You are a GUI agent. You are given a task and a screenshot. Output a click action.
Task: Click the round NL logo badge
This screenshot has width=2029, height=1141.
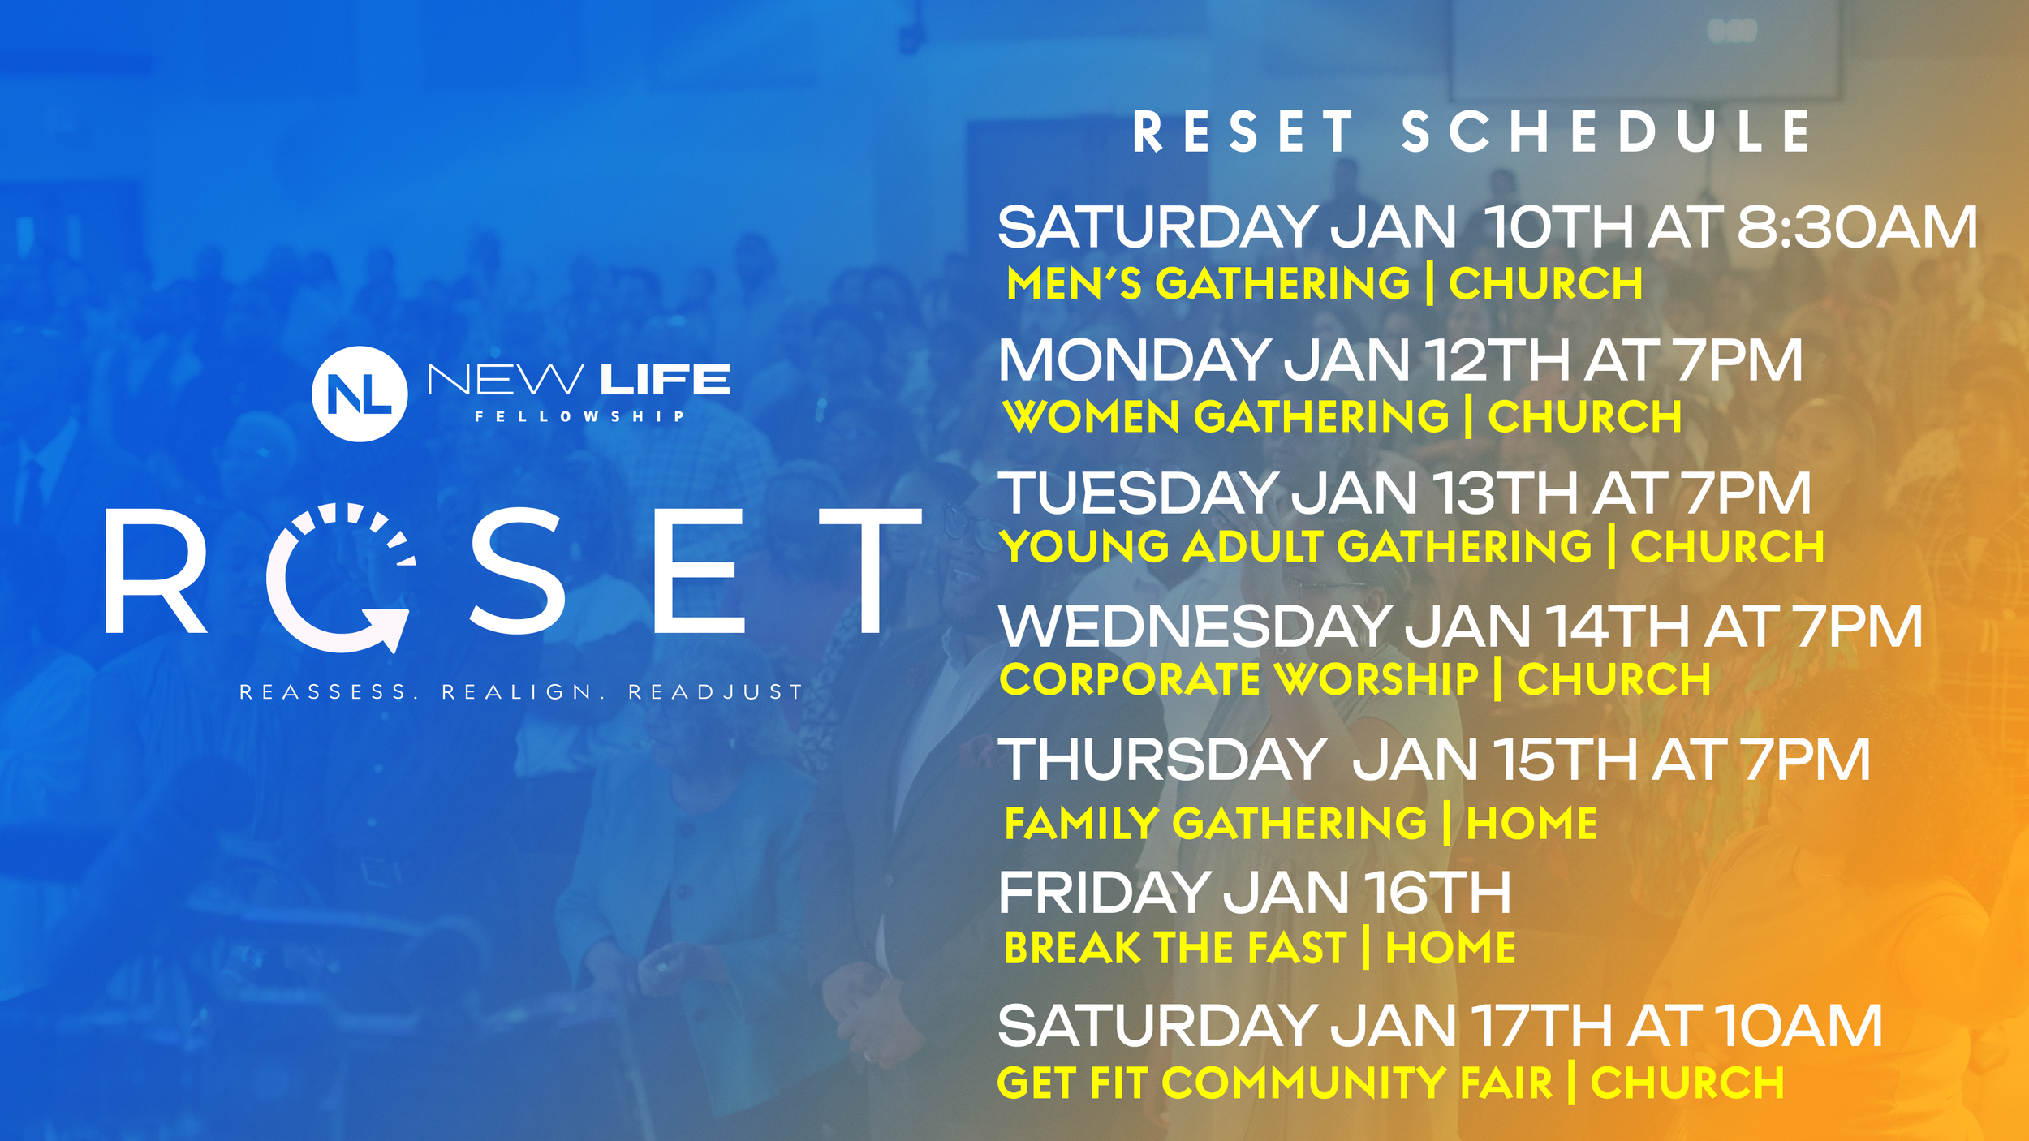coord(360,394)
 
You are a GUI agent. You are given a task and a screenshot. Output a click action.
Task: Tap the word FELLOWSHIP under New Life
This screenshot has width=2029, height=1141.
coord(579,416)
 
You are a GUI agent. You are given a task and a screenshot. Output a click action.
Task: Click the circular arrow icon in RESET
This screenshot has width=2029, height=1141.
coord(341,579)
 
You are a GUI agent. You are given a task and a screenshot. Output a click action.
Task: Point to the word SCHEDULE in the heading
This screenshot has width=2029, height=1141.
coord(1606,131)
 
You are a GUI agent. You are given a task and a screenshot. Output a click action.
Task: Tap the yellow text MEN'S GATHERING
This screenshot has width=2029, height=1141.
coord(1208,283)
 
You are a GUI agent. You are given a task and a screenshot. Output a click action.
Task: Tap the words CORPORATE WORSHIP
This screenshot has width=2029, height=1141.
coord(1239,678)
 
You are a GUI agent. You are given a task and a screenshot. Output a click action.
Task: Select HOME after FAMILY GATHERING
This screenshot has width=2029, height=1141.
coord(1532,824)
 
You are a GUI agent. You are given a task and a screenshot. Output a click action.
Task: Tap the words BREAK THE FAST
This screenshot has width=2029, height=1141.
coord(1175,947)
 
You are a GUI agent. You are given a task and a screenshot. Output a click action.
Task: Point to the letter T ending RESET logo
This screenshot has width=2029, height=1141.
coord(870,570)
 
